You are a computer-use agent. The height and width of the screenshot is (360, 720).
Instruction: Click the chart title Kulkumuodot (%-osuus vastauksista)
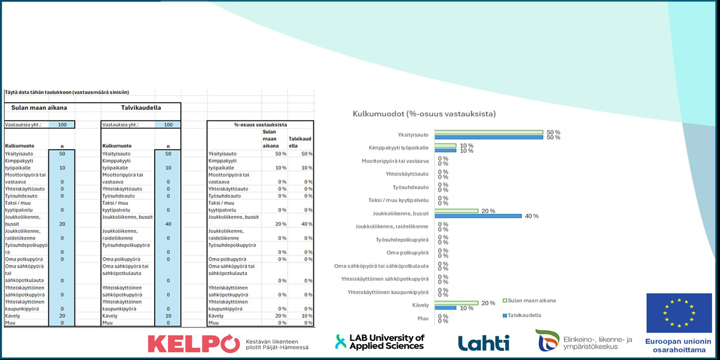point(424,114)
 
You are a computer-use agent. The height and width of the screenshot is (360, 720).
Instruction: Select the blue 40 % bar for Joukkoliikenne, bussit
point(479,216)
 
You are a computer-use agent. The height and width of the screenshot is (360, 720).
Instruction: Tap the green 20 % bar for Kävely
point(456,303)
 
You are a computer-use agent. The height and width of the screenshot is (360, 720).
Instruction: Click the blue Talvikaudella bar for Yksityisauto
point(488,137)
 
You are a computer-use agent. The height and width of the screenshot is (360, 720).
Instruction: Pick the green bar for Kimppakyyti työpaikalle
point(445,146)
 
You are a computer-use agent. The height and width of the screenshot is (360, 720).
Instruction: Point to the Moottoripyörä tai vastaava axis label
point(395,161)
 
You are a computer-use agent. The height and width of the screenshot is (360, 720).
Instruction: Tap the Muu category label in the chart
point(422,318)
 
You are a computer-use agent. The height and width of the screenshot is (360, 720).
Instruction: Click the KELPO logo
point(193,343)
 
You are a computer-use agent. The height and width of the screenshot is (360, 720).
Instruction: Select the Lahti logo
point(483,343)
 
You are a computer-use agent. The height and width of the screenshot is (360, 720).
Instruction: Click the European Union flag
point(678,313)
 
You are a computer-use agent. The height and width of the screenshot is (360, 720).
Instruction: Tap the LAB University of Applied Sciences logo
point(380,342)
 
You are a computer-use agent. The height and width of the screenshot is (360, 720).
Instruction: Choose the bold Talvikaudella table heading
point(141,107)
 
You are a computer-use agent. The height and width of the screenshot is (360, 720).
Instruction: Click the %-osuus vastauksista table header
point(260,124)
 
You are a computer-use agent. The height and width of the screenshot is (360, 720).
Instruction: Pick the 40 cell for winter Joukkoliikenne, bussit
point(168,224)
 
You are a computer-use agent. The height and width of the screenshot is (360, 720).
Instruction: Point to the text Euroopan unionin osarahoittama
point(678,345)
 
